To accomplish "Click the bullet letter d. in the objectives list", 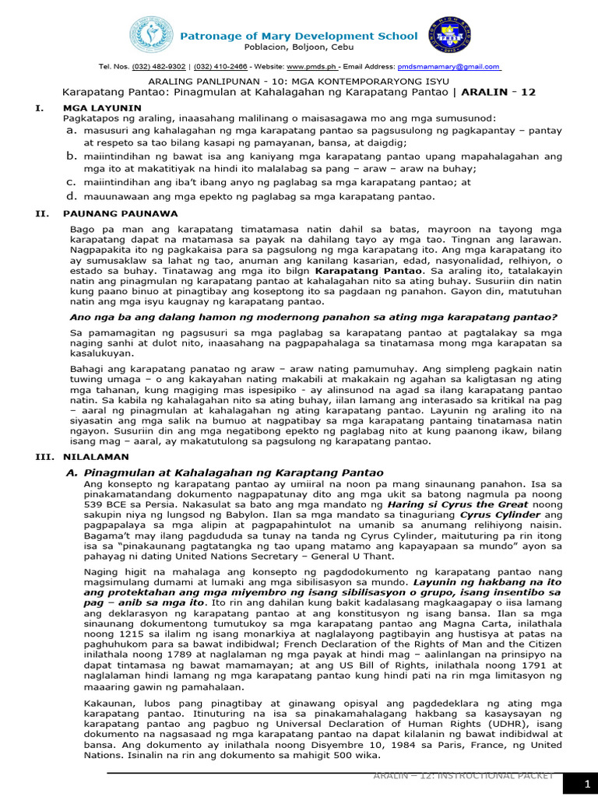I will [70, 196].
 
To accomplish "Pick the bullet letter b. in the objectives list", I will [70, 156].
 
